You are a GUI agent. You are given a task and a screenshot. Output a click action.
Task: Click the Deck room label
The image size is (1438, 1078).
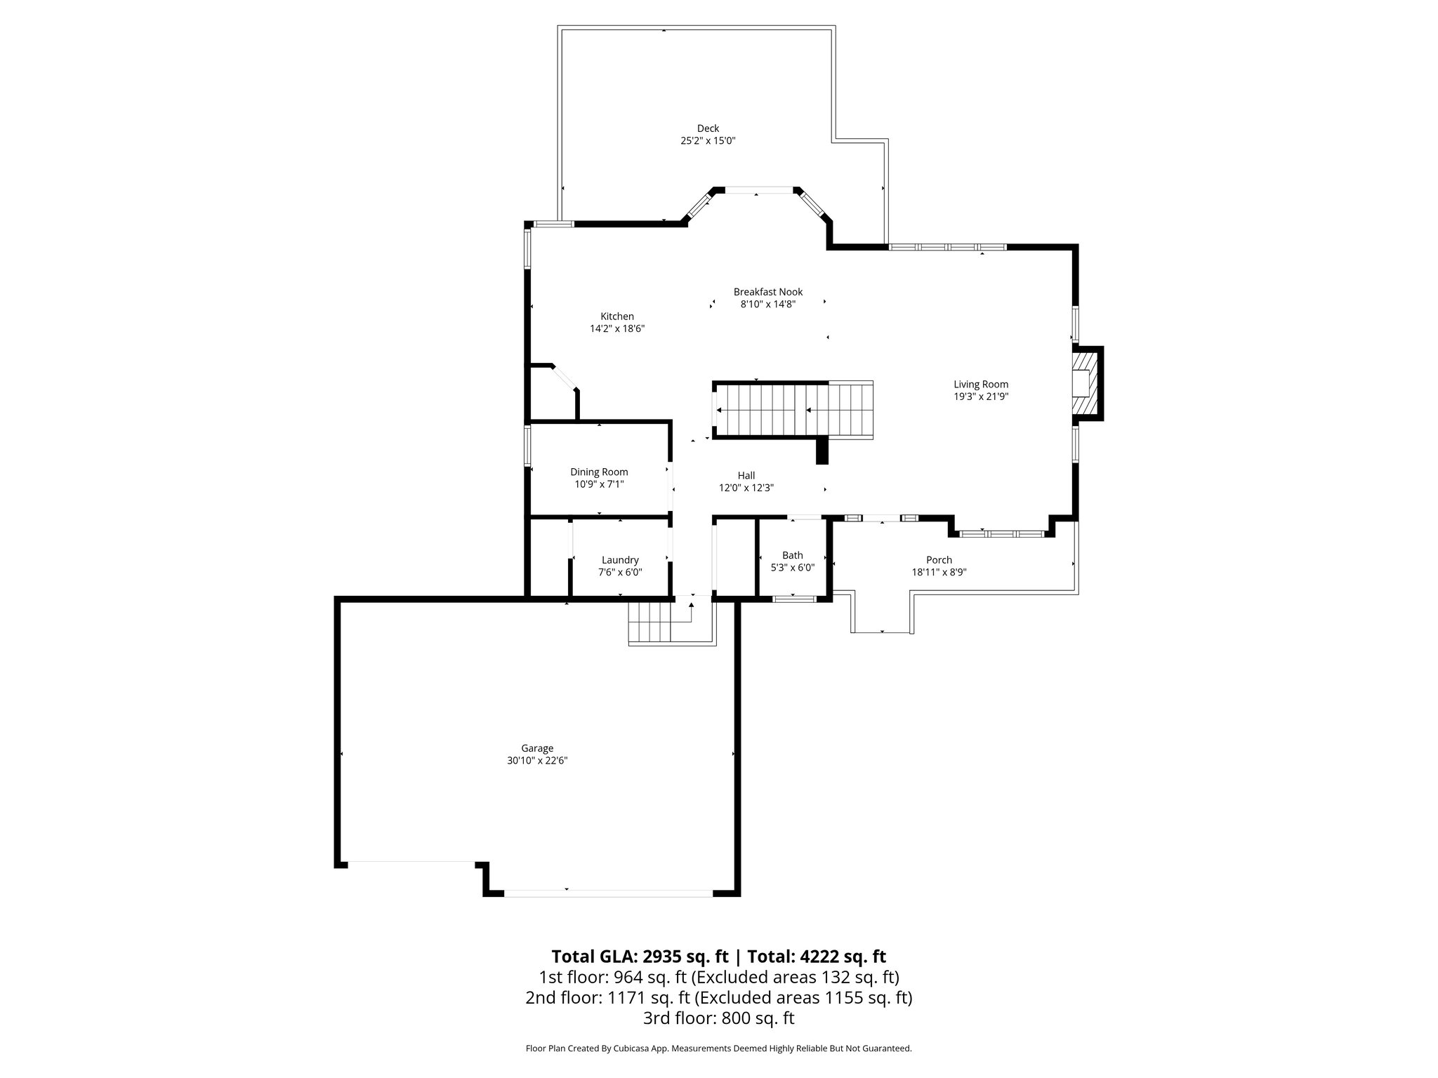pyautogui.click(x=708, y=128)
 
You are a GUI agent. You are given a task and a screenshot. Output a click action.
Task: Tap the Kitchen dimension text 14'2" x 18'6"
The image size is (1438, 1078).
pyautogui.click(x=617, y=328)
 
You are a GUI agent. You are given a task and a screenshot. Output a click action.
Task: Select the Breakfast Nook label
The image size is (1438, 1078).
pyautogui.click(x=768, y=292)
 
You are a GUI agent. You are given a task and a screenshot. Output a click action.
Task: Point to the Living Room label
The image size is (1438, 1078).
pyautogui.click(x=981, y=385)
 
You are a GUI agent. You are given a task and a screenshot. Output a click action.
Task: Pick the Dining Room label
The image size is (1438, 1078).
pyautogui.click(x=599, y=472)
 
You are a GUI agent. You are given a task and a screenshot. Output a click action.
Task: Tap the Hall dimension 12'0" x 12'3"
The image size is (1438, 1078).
pyautogui.click(x=746, y=488)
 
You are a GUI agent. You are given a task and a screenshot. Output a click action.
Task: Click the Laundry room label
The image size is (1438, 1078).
pyautogui.click(x=620, y=560)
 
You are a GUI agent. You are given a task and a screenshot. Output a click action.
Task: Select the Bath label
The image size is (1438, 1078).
pyautogui.click(x=793, y=556)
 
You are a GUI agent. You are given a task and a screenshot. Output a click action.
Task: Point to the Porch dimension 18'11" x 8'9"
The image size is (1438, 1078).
pyautogui.click(x=939, y=572)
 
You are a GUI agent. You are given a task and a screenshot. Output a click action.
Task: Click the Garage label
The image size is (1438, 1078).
pyautogui.click(x=537, y=749)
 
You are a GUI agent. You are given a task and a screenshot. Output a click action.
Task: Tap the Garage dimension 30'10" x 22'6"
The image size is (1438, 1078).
pyautogui.click(x=537, y=761)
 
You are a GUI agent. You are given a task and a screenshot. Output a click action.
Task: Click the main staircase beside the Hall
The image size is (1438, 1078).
pyautogui.click(x=793, y=411)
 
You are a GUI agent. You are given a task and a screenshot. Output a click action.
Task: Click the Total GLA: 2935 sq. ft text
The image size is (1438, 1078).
pyautogui.click(x=640, y=957)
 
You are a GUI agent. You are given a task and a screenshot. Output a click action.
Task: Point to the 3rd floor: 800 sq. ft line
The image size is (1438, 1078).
pyautogui.click(x=718, y=1018)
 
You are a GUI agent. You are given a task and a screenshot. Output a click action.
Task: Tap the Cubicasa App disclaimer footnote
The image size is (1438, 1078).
pyautogui.click(x=718, y=1049)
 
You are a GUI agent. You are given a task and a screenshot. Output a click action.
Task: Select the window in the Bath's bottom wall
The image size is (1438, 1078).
pyautogui.click(x=794, y=599)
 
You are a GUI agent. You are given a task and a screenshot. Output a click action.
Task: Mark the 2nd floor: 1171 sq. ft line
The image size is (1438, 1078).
pyautogui.click(x=718, y=997)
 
